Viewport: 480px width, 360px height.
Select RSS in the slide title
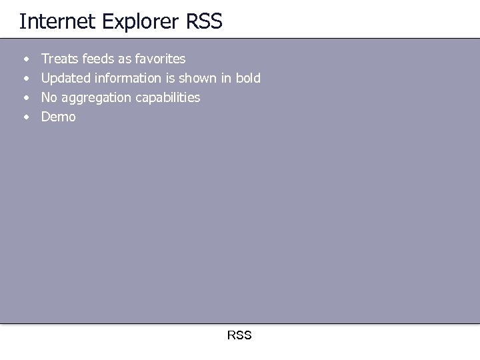[x=203, y=21]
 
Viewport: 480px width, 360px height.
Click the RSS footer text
[x=239, y=335]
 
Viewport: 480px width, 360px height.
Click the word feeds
[x=97, y=59]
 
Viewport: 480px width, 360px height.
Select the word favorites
[x=160, y=59]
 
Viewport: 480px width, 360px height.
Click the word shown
[x=211, y=78]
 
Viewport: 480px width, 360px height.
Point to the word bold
[x=247, y=78]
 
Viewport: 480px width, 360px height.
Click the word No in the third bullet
[x=49, y=97]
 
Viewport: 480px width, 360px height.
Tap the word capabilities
[x=167, y=98]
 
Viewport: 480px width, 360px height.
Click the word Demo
[x=59, y=117]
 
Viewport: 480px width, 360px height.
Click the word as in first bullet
[x=125, y=59]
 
